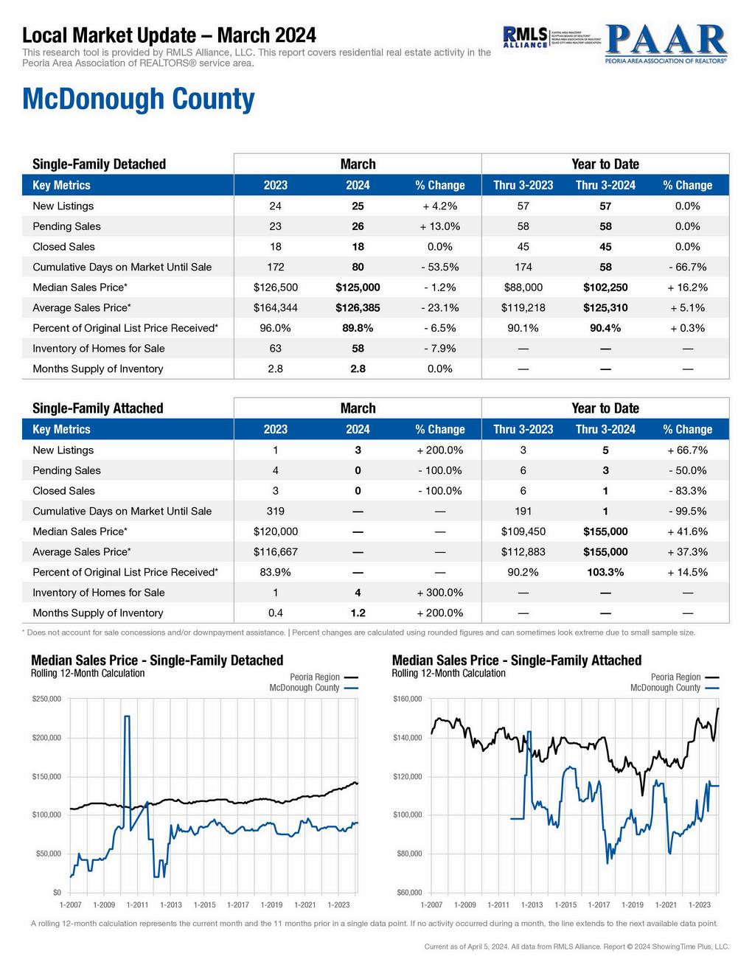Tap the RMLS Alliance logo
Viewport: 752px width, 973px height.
click(525, 37)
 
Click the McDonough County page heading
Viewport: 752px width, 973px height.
click(139, 99)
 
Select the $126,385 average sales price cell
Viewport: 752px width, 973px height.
click(358, 307)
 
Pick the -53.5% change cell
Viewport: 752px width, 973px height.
click(439, 267)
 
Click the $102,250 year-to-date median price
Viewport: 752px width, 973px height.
click(605, 287)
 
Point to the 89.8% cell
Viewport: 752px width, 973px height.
click(358, 328)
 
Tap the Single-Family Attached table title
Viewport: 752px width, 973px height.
click(98, 408)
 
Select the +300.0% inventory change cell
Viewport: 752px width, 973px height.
click(439, 593)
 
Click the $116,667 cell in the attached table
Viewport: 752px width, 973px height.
click(275, 552)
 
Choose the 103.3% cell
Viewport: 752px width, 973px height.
click(605, 572)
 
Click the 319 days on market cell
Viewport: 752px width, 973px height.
click(275, 511)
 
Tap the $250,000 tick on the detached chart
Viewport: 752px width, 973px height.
click(46, 699)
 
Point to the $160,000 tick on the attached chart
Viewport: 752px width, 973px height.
click(407, 699)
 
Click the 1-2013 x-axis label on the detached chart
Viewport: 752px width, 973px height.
click(171, 904)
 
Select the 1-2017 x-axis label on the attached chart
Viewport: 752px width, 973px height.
click(598, 904)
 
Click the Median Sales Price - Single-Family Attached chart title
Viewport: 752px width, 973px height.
click(516, 660)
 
